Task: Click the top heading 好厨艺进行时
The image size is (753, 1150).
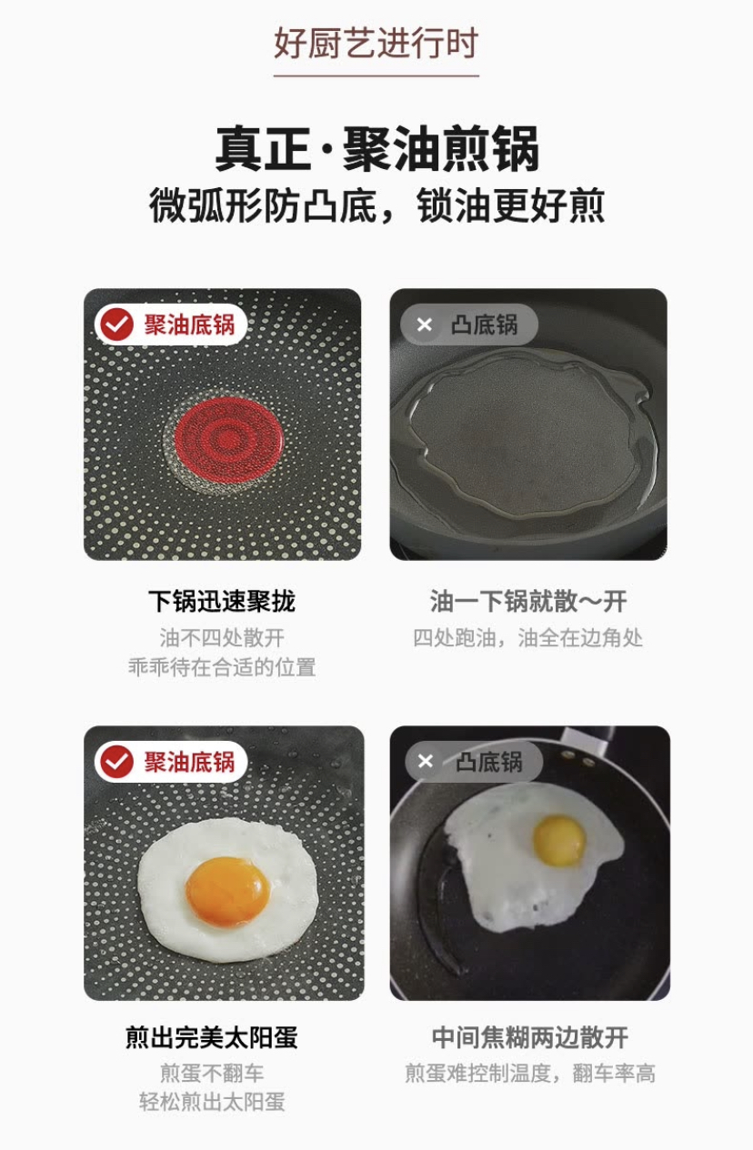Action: (x=376, y=44)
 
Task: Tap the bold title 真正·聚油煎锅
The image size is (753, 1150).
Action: (x=376, y=149)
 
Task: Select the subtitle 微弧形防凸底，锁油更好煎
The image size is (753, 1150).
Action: (x=376, y=205)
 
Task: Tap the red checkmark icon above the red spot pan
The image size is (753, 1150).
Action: (x=116, y=325)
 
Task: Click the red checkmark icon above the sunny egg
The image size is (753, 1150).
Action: (x=116, y=762)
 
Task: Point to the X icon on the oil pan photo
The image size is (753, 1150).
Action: (x=424, y=325)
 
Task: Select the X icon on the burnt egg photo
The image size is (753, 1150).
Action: (x=425, y=762)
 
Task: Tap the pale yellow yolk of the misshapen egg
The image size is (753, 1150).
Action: (x=559, y=840)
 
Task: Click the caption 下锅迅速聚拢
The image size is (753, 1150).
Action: (x=222, y=601)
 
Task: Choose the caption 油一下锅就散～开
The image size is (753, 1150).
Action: (x=528, y=601)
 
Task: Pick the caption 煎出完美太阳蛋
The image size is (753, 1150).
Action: (x=212, y=1037)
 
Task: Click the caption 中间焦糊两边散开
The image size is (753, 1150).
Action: (x=530, y=1037)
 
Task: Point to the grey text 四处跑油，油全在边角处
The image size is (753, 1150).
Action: (x=528, y=638)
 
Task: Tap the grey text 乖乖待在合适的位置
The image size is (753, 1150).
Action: (x=222, y=667)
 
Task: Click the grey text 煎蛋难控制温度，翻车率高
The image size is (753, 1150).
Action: (x=530, y=1074)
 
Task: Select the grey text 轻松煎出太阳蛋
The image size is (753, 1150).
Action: (x=212, y=1103)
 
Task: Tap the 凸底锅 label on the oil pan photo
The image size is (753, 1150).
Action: (x=484, y=325)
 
